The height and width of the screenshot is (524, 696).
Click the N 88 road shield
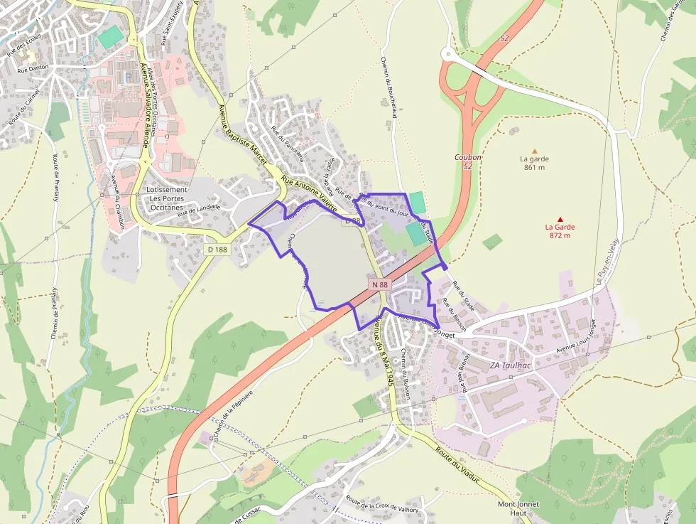[x=380, y=284]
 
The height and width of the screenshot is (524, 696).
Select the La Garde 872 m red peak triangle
[x=560, y=219]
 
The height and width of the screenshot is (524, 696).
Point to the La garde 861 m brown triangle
[x=534, y=151]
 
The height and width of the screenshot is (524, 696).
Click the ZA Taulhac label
[x=510, y=365]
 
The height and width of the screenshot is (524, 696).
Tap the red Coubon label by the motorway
[x=468, y=157]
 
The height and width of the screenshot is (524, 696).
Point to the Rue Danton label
[x=33, y=69]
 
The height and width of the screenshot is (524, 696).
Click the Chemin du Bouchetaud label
[x=388, y=86]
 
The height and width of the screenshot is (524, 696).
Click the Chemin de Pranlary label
[x=54, y=313]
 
